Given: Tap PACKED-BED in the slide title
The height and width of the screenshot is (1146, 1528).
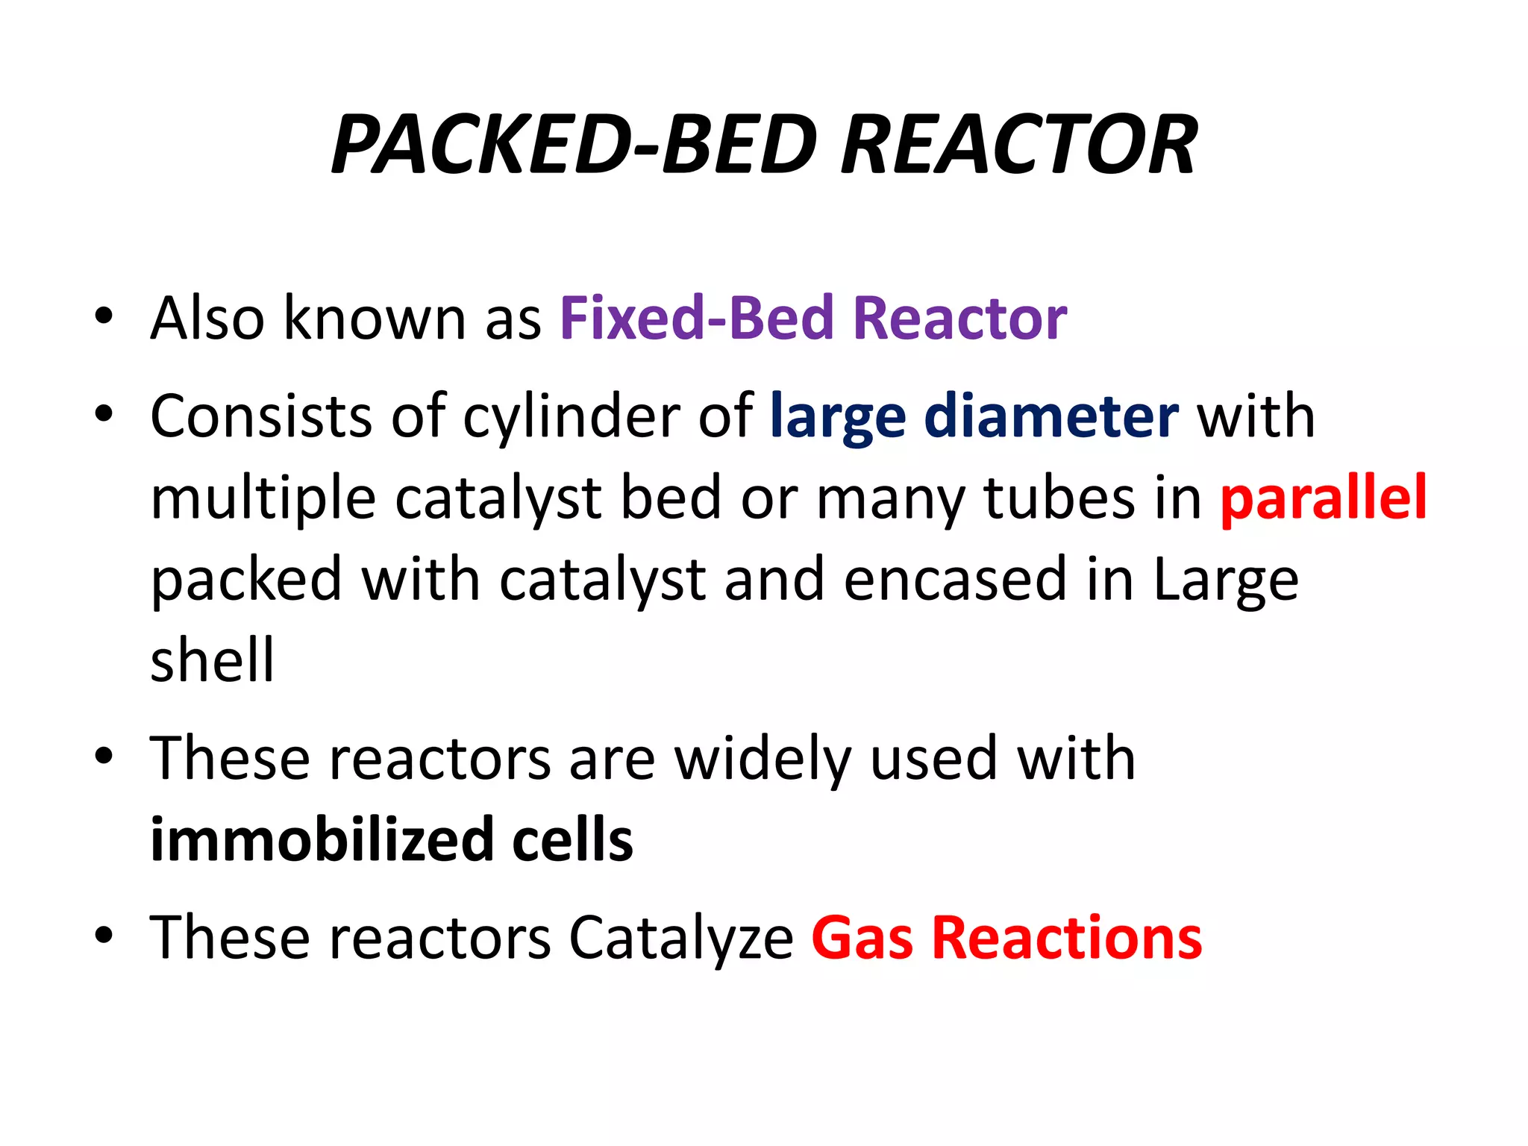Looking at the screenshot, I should (574, 145).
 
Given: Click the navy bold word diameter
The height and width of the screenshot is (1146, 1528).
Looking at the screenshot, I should (1052, 416).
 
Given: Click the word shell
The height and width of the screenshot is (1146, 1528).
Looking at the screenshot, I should (213, 660).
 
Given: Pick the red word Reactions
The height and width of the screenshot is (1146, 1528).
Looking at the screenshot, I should (1068, 939).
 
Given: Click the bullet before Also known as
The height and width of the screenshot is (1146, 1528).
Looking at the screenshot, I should (104, 316).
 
